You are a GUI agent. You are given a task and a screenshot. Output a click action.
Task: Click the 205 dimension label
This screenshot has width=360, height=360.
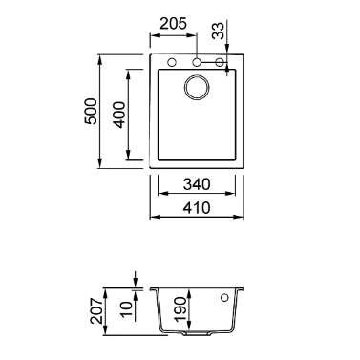[x=173, y=24]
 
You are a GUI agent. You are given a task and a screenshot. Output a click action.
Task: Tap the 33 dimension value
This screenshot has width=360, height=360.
[x=218, y=31]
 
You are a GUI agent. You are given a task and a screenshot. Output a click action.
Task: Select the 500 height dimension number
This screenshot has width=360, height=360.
[x=91, y=112]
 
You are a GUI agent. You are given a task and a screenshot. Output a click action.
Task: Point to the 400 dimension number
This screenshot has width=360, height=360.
[x=119, y=115]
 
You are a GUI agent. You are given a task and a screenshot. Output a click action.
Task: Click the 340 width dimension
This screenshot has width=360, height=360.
[x=197, y=184]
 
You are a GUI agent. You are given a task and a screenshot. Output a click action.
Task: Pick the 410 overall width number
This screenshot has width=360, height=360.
[x=197, y=208]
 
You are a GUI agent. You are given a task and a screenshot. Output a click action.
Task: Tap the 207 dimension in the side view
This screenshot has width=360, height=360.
[x=96, y=311]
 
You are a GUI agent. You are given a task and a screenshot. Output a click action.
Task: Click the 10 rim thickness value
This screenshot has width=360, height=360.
[x=126, y=309]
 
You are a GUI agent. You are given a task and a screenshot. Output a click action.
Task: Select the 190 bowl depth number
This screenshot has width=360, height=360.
[x=180, y=309]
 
